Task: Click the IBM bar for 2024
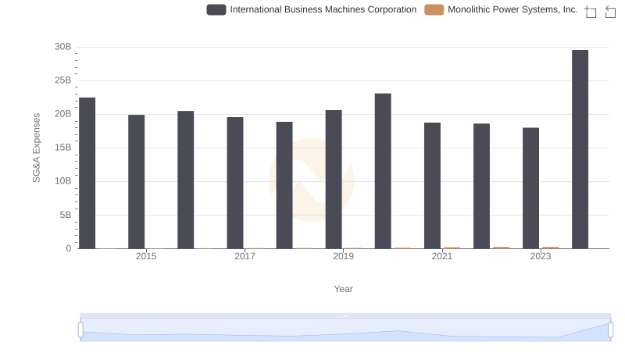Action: click(580, 149)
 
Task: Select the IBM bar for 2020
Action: click(383, 171)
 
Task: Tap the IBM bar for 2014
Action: click(87, 173)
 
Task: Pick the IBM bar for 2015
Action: click(137, 182)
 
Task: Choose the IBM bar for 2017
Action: click(235, 183)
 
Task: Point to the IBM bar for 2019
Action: click(334, 180)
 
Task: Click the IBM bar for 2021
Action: click(432, 186)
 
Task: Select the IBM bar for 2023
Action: click(530, 188)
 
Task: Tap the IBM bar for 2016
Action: click(186, 180)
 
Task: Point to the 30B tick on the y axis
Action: click(62, 47)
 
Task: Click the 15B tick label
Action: click(62, 148)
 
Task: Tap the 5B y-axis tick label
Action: click(65, 215)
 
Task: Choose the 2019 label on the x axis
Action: click(343, 256)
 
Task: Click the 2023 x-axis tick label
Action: click(541, 256)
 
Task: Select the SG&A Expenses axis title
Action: click(36, 148)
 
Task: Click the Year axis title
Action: click(344, 289)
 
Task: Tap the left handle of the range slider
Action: click(80, 330)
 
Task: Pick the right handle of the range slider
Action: click(609, 330)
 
